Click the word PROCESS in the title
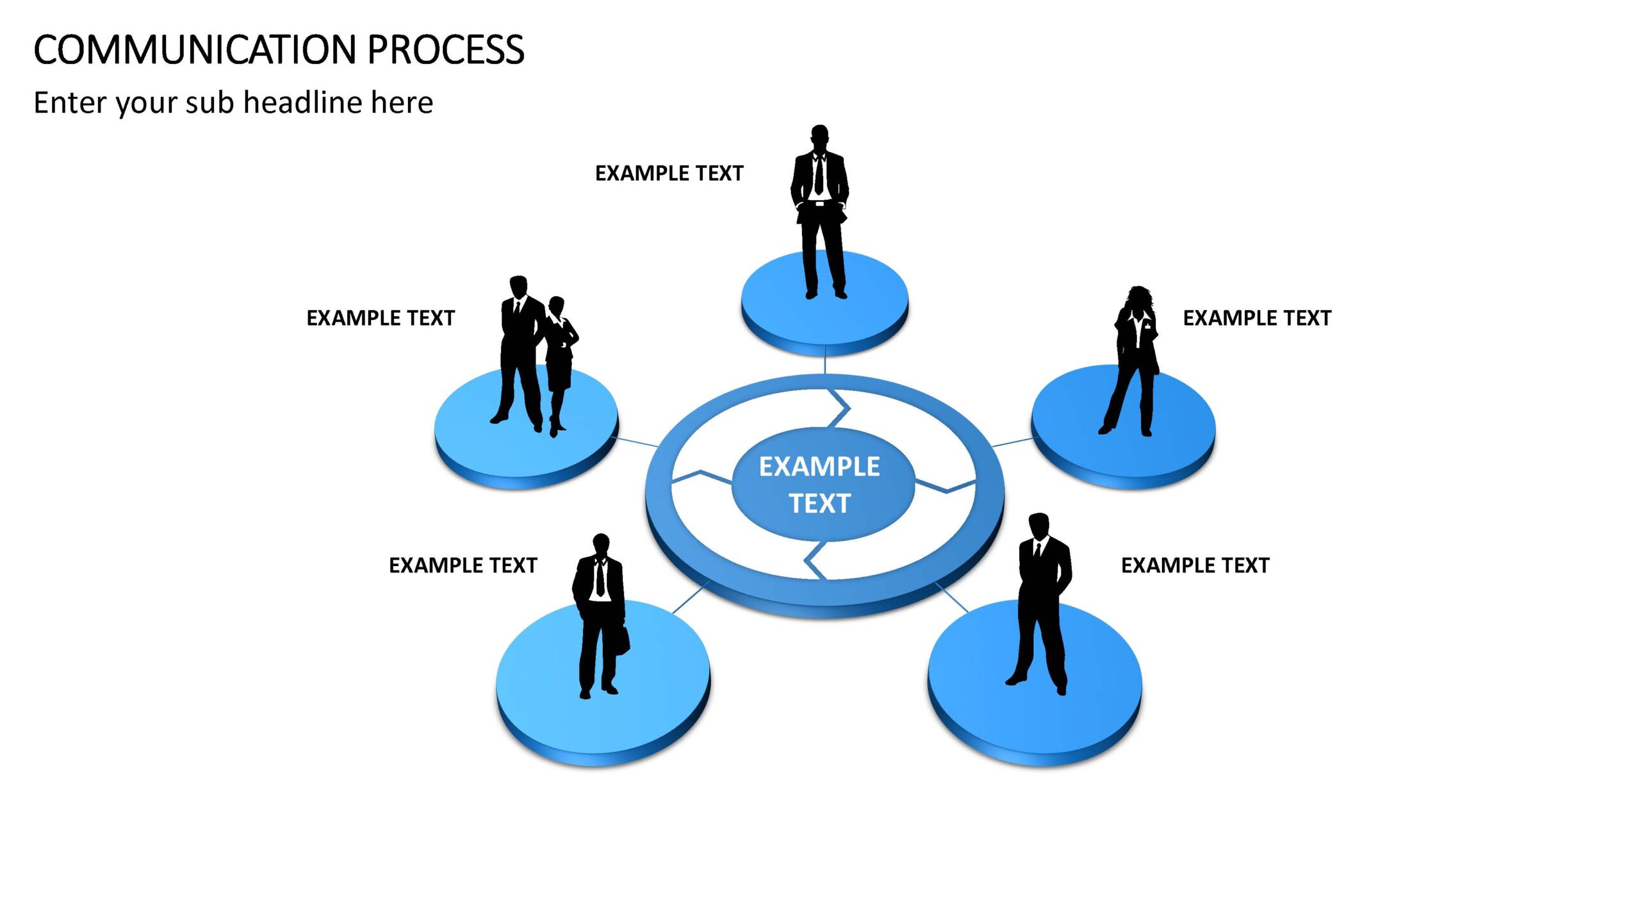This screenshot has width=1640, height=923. (x=446, y=50)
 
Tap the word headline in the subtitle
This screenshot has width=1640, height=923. (x=303, y=103)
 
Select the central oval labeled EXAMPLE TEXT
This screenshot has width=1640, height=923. (x=823, y=484)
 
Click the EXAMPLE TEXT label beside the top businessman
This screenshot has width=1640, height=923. (x=669, y=173)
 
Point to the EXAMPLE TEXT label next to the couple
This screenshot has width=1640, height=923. (x=381, y=318)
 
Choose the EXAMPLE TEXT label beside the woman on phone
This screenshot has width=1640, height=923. (x=1257, y=318)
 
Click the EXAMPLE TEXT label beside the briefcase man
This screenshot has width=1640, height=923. (x=463, y=565)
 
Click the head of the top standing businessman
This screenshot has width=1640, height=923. (x=819, y=137)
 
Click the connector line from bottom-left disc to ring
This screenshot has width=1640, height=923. (x=691, y=597)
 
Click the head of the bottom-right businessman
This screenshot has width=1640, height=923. (x=1038, y=527)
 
